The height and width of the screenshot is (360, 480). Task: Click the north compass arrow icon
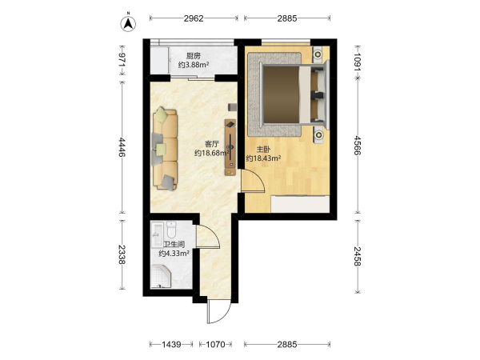tap(128, 23)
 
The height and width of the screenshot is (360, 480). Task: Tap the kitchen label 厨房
tap(194, 56)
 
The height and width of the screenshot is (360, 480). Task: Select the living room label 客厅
tap(212, 144)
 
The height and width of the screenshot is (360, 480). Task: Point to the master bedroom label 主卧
tap(263, 150)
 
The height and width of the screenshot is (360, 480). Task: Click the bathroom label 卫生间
tap(174, 245)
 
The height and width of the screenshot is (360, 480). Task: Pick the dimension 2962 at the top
tap(194, 18)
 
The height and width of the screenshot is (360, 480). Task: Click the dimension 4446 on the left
tap(122, 147)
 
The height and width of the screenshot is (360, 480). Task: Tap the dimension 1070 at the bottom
tap(215, 345)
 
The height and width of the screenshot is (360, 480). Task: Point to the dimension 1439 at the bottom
tap(171, 345)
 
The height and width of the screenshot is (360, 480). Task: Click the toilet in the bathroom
tap(171, 230)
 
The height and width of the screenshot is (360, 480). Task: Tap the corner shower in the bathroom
tap(161, 277)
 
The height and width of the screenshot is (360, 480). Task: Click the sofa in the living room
tap(166, 149)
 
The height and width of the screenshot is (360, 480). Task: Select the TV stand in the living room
tap(230, 147)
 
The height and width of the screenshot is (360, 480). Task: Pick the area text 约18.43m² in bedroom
tap(263, 158)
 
